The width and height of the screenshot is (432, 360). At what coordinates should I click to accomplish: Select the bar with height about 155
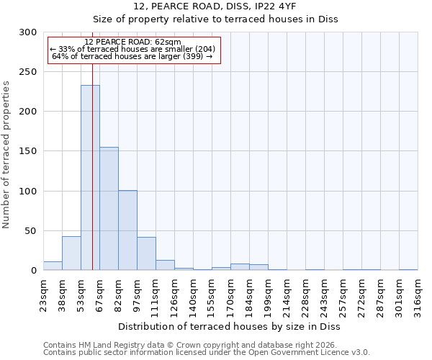coord(109,209)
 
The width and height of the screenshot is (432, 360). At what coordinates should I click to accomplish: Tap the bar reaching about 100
coord(127,230)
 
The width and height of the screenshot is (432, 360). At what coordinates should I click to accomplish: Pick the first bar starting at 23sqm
coord(53,266)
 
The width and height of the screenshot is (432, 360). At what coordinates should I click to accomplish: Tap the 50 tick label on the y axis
coord(30,231)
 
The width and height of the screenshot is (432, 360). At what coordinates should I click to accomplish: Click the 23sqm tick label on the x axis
coord(44,293)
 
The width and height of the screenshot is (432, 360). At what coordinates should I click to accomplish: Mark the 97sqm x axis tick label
coord(138,293)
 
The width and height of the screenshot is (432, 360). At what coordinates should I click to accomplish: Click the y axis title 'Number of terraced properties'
coord(6,155)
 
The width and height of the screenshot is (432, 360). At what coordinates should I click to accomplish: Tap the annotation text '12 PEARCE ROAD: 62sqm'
coord(132,42)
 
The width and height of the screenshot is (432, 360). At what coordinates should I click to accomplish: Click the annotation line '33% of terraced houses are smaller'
coord(132,49)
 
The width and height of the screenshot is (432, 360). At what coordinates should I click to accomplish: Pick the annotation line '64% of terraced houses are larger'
coord(132,56)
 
